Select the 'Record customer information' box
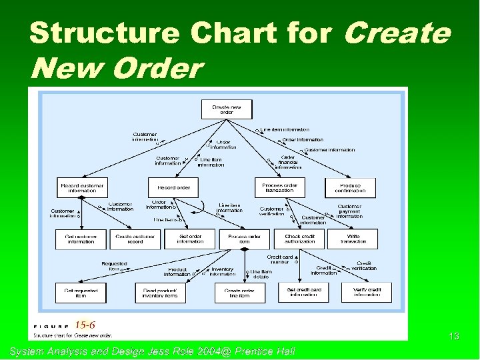[82, 187]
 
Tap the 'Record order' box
[173, 187]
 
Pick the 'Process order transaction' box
[278, 187]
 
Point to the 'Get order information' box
[191, 239]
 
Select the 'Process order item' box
[244, 239]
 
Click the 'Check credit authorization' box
[301, 239]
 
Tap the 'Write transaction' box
[353, 239]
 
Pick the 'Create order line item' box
[239, 292]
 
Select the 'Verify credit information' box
[367, 292]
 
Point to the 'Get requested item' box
[81, 292]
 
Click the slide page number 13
[453, 337]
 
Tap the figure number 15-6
[85, 325]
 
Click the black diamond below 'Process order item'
[244, 249]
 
